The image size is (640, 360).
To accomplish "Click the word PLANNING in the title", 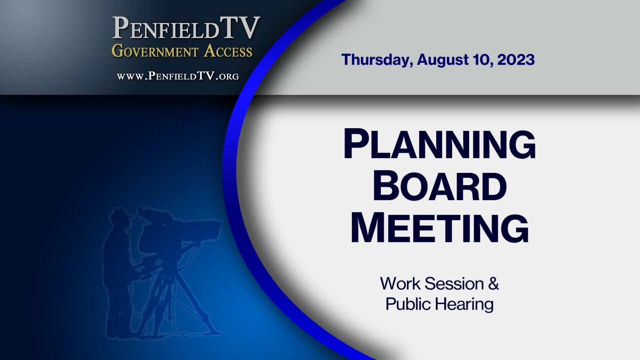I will [x=439, y=145].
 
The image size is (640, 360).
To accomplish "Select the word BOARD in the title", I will [x=439, y=186].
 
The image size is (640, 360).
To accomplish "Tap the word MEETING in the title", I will [x=439, y=227].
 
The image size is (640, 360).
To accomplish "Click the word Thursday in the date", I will [x=377, y=60].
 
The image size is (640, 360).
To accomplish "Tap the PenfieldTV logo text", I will [x=186, y=29].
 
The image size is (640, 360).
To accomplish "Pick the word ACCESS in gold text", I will [x=228, y=50].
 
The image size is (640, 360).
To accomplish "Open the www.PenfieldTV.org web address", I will [x=177, y=76].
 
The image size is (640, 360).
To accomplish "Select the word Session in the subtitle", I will [x=453, y=284].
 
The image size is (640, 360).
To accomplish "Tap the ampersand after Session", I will [x=493, y=284].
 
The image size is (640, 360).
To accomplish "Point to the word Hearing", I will [x=465, y=304].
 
